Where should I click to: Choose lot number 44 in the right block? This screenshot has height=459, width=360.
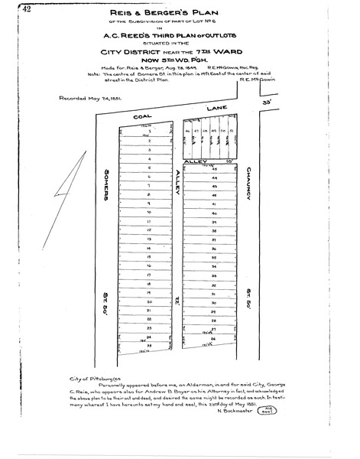pyautogui.click(x=215, y=176)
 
